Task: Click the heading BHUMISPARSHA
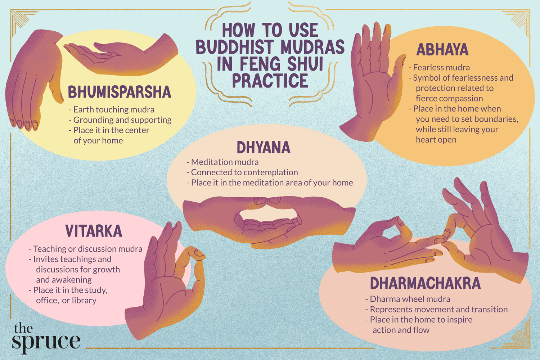[x=120, y=92]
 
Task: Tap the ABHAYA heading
[x=442, y=50]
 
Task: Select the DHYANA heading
[x=264, y=147]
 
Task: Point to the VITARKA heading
[x=94, y=231]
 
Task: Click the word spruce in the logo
[x=46, y=342]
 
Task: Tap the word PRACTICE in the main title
[x=270, y=81]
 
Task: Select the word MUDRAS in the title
[x=313, y=47]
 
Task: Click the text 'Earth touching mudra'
[x=114, y=109]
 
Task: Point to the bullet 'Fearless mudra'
[x=441, y=67]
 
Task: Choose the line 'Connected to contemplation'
[x=244, y=172]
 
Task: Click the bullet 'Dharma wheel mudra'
[x=410, y=299]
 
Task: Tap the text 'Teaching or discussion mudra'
[x=88, y=249]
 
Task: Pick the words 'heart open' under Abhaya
[x=436, y=140]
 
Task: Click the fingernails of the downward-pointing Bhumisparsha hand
[x=24, y=124]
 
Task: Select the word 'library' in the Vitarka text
[x=84, y=300]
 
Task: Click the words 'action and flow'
[x=401, y=330]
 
